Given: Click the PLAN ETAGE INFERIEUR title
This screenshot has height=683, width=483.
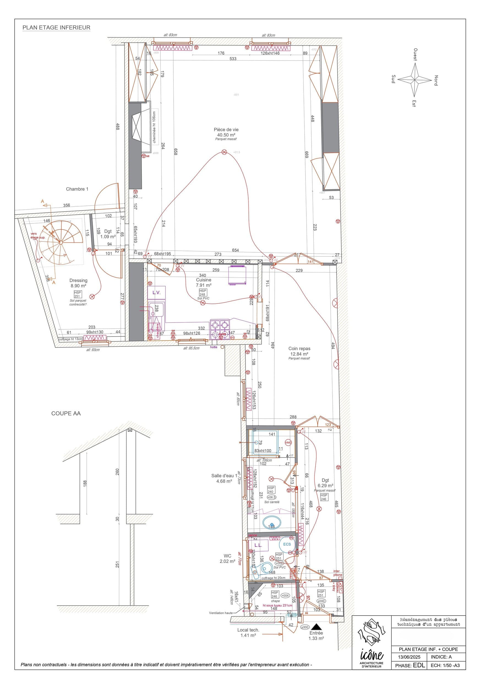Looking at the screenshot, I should (56, 27).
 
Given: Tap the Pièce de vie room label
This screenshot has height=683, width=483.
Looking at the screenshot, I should (226, 130).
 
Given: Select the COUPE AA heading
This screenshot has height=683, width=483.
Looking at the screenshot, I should (66, 413).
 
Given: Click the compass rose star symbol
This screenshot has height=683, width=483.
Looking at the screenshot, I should (414, 80).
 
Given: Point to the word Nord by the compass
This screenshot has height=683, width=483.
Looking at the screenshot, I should (436, 80).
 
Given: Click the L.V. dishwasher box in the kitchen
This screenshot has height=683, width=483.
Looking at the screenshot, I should (157, 293).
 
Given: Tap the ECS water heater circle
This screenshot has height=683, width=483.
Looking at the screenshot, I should (287, 544).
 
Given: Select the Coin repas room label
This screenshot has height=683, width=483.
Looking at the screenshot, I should (299, 348).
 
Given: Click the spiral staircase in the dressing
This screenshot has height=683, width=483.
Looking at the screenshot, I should (61, 242).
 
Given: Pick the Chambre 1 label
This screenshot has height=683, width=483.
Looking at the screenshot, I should (77, 189).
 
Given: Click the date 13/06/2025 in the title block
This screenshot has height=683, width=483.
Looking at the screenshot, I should (409, 657).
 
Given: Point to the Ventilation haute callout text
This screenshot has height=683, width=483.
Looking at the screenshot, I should (220, 613).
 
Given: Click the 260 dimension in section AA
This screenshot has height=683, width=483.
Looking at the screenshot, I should (117, 472).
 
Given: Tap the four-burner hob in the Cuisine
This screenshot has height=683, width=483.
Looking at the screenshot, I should (220, 329).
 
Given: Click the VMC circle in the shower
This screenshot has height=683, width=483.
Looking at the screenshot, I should (288, 443).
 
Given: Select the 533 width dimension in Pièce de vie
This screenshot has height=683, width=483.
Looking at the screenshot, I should (233, 59).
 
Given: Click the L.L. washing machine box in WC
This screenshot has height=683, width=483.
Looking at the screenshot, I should (258, 545).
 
